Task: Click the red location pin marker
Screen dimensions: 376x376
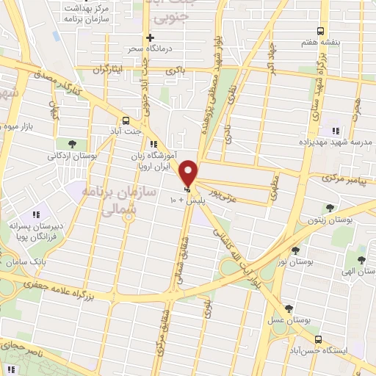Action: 189,173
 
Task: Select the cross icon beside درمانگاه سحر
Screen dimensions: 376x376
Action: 150,37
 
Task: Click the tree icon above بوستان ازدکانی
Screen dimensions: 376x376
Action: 71,143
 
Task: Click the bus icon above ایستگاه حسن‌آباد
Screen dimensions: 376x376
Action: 318,340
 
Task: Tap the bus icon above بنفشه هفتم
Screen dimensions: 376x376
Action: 319,31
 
